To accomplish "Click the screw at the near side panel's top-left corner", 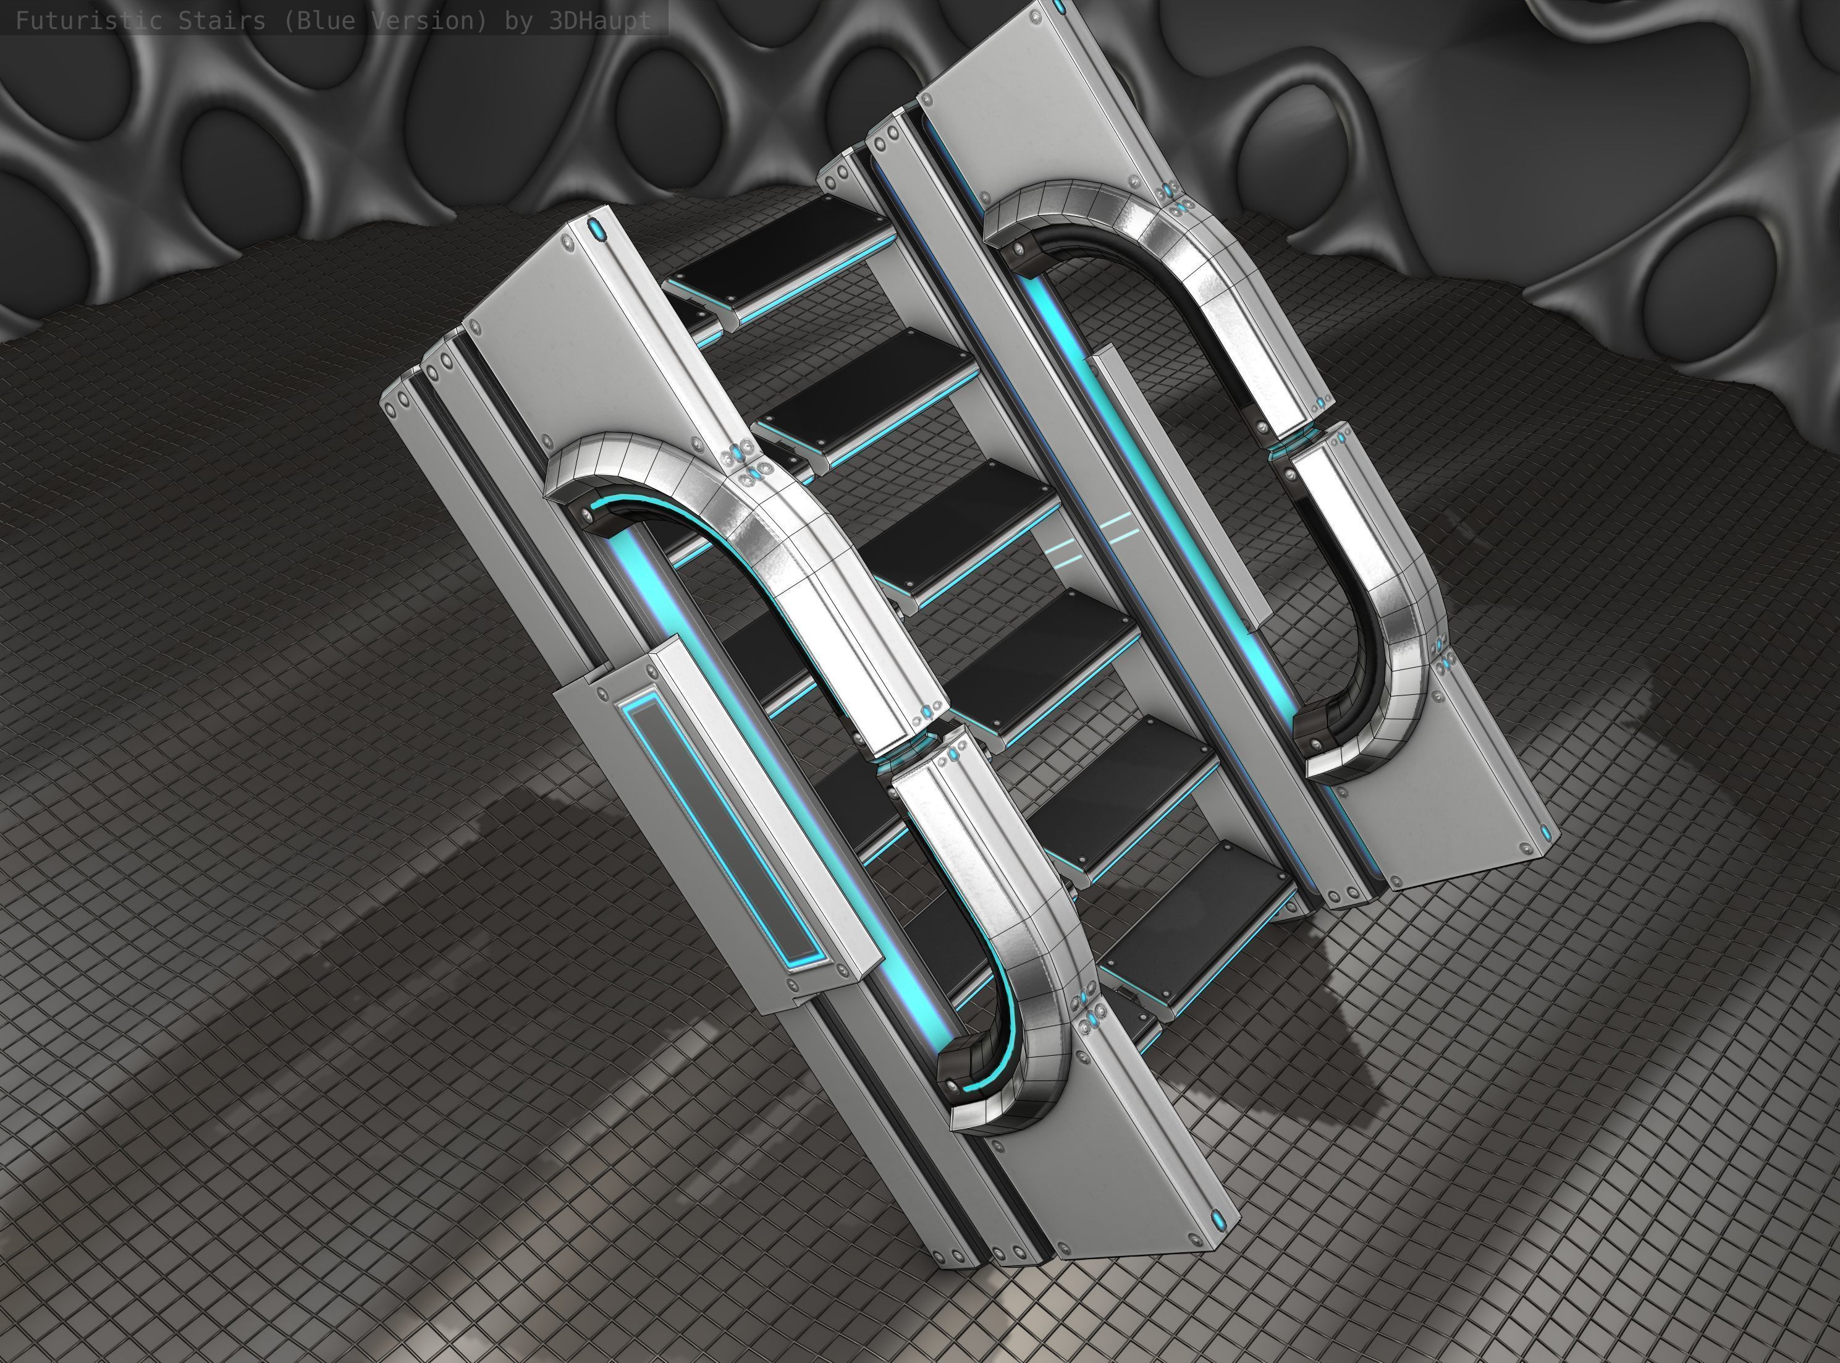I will (567, 242).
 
